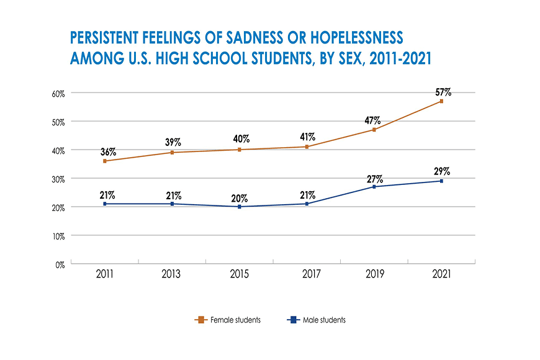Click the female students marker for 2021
pyautogui.click(x=441, y=101)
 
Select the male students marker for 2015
pyautogui.click(x=240, y=207)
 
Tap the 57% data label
pyautogui.click(x=443, y=92)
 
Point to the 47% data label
pyautogui.click(x=372, y=120)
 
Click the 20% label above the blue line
pyautogui.click(x=240, y=199)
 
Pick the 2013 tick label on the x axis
pyautogui.click(x=171, y=274)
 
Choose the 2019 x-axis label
pyautogui.click(x=374, y=274)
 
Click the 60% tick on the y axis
pyautogui.click(x=58, y=93)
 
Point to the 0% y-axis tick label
pyautogui.click(x=60, y=264)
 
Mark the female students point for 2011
pyautogui.click(x=104, y=161)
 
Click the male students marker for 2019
pyautogui.click(x=374, y=187)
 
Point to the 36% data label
pyautogui.click(x=108, y=152)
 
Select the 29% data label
pyautogui.click(x=442, y=171)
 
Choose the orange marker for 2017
pyautogui.click(x=307, y=146)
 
